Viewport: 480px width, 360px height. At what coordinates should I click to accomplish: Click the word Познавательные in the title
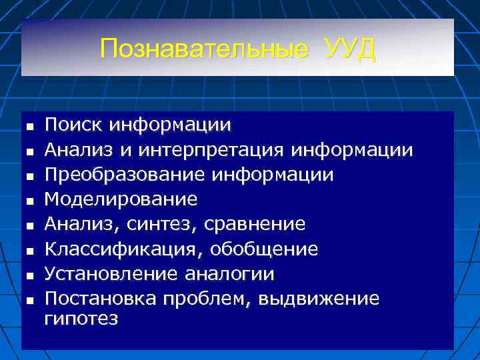(x=204, y=49)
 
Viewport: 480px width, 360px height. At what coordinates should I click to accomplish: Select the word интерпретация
(x=213, y=149)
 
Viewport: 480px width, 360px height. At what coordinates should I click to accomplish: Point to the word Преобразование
(x=125, y=174)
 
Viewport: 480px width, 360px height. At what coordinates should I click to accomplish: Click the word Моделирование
(x=121, y=199)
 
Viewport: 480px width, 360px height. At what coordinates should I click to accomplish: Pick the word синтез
(x=165, y=224)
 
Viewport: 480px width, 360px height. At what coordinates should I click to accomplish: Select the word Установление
(x=111, y=274)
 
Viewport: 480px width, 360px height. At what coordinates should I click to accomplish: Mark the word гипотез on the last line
(x=81, y=318)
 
